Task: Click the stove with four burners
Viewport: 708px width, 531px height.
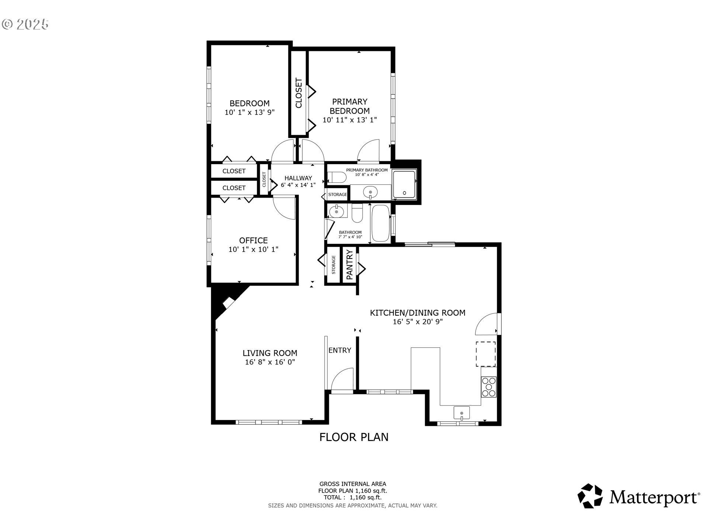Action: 489,387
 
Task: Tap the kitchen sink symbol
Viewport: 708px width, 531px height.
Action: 461,413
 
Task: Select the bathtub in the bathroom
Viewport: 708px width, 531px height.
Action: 380,223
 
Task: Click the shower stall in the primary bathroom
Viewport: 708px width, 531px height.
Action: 404,185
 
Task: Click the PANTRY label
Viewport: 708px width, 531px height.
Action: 350,264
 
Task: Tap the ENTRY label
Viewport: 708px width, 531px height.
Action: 340,350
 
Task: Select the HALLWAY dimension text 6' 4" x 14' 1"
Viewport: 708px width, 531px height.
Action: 298,185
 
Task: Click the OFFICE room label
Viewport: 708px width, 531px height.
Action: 253,240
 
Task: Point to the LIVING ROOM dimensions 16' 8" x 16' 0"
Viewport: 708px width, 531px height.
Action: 270,362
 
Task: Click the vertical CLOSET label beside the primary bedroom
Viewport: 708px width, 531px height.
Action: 299,93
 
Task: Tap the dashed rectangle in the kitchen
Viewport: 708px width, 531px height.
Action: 485,354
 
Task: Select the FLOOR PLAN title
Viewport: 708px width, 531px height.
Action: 354,437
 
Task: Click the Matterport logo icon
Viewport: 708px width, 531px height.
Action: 590,496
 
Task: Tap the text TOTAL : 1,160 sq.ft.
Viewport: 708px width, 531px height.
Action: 353,497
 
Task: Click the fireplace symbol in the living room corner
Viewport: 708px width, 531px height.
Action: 229,302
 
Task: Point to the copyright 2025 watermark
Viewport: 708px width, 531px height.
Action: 25,24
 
